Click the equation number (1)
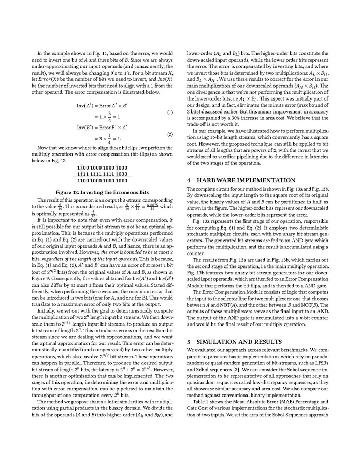(170, 112)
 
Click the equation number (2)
(170, 134)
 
